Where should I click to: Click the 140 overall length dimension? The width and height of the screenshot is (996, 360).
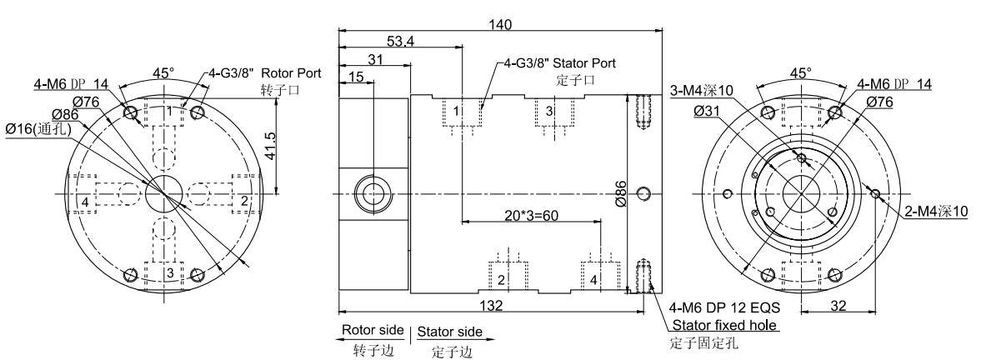pos(500,25)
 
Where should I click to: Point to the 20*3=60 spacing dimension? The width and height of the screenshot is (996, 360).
pos(530,214)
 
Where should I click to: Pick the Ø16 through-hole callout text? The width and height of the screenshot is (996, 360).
pos(38,129)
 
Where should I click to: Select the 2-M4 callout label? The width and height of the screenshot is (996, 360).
pos(936,212)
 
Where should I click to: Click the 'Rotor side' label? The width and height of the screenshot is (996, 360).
pos(372,332)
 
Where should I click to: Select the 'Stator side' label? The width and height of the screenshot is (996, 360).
pos(449,332)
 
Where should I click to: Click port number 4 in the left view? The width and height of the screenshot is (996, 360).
pos(87,202)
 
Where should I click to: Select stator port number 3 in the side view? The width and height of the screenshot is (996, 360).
pos(548,111)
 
